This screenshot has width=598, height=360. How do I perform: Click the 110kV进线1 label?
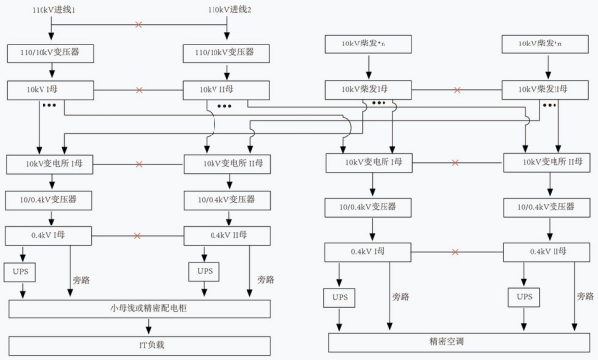tap(53, 10)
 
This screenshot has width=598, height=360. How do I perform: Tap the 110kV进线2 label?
tap(229, 10)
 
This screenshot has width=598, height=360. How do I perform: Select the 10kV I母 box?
tap(50, 90)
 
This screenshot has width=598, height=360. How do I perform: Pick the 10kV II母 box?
tap(226, 90)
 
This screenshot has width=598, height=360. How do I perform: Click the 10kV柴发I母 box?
tap(369, 90)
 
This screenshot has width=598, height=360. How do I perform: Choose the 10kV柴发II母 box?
tap(545, 90)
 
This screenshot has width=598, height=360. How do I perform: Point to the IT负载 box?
tap(139, 346)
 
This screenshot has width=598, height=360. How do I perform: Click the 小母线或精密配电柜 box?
tap(139, 309)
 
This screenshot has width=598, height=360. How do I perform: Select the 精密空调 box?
tap(460, 342)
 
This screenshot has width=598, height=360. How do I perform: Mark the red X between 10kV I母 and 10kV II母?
tap(139, 90)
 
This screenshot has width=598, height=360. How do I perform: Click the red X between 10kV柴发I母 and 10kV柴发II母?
tap(457, 90)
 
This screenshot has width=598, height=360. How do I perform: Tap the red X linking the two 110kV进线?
tap(139, 25)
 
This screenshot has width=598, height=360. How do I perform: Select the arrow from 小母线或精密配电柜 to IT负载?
tap(148, 326)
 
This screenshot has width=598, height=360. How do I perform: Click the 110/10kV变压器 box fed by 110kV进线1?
tap(50, 53)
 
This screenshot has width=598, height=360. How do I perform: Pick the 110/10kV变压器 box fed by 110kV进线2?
tap(226, 53)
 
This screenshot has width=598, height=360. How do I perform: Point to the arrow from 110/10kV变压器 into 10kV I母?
tap(52, 70)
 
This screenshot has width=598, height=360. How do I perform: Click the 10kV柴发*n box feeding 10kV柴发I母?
tap(369, 45)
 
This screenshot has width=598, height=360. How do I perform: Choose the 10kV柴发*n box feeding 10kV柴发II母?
tap(545, 45)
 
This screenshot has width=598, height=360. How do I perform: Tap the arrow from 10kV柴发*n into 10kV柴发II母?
tap(548, 67)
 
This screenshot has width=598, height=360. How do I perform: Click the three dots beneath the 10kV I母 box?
tap(49, 105)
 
